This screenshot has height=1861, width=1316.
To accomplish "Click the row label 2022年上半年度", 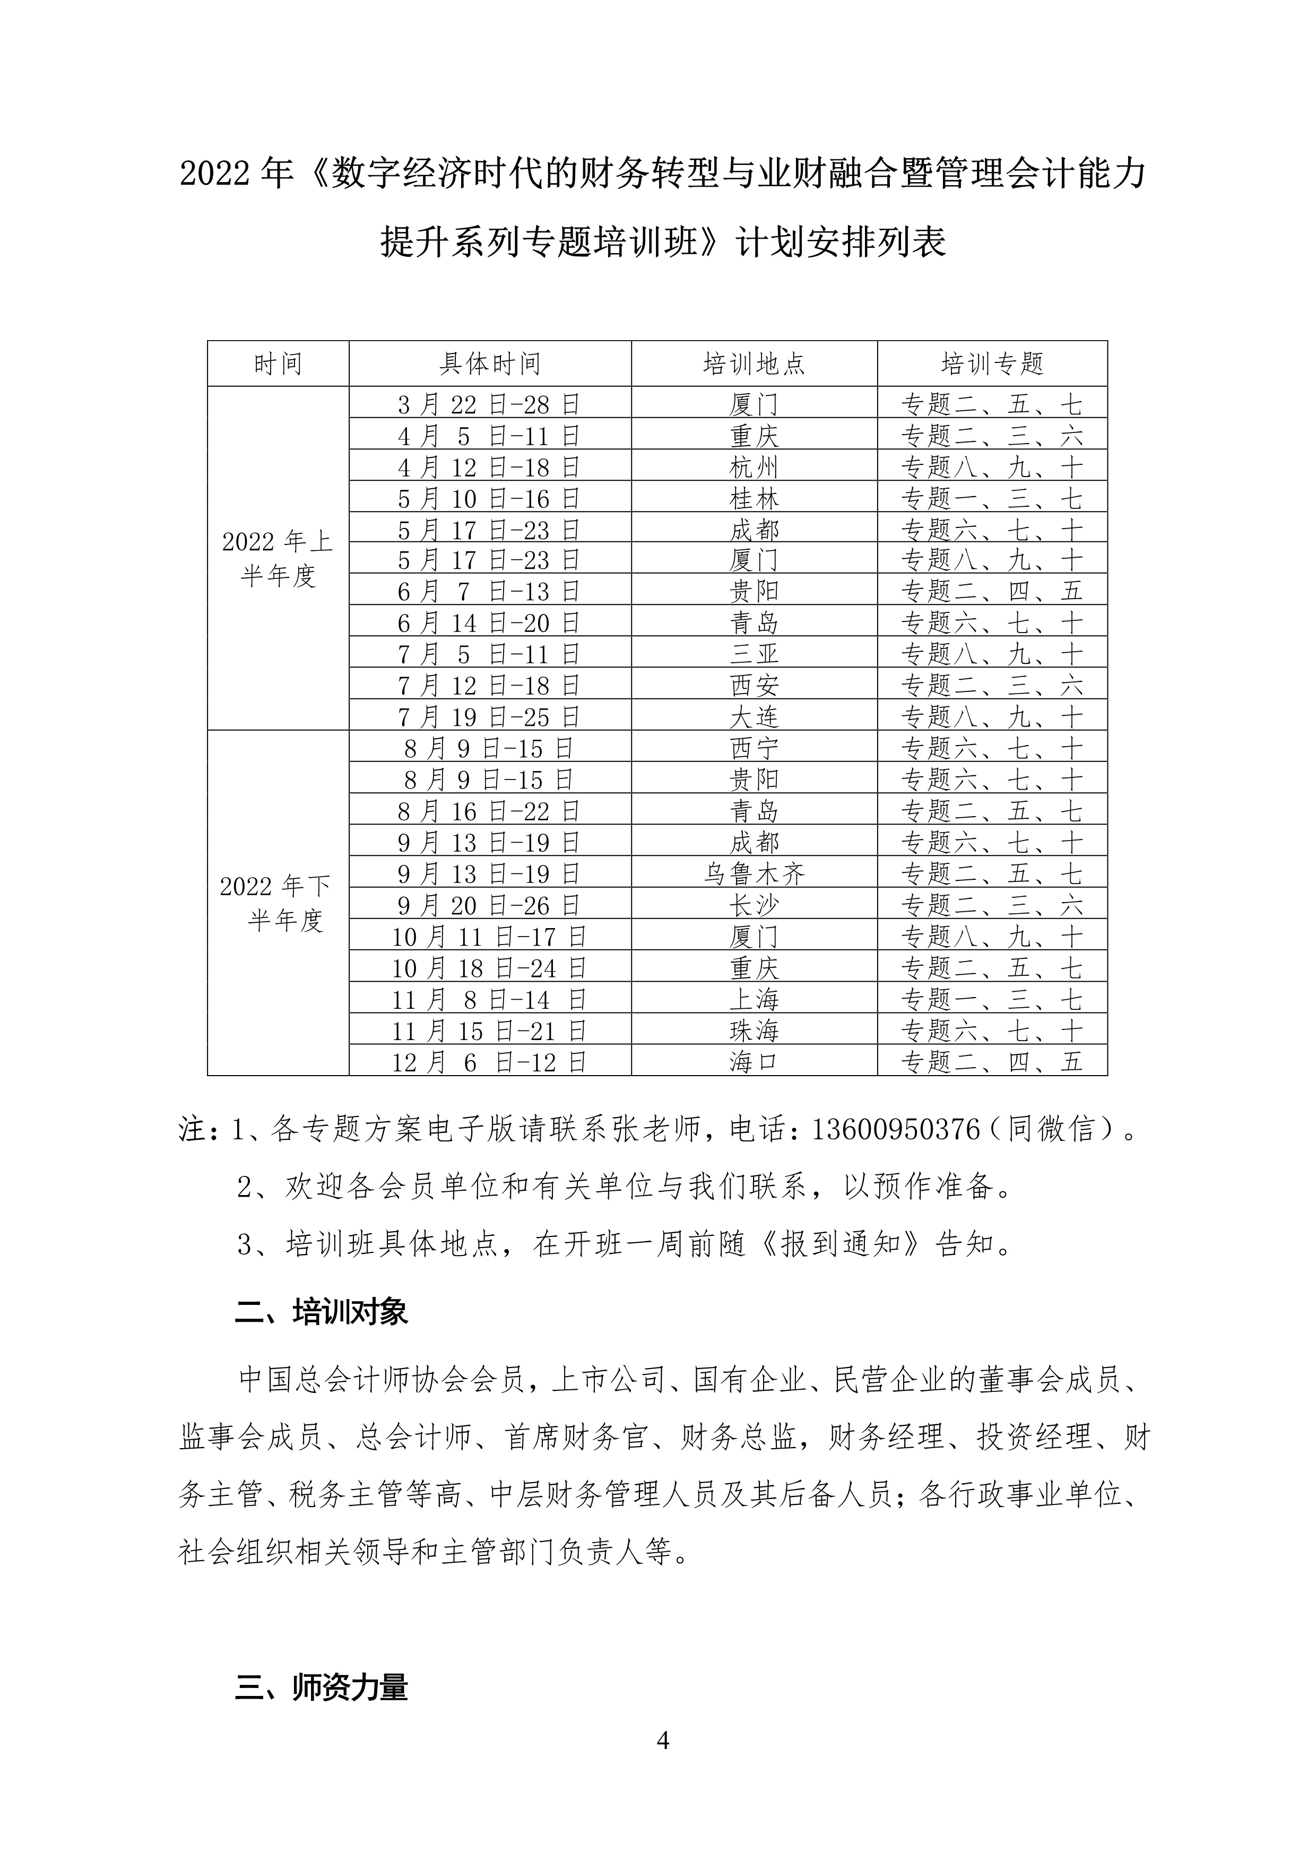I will click(278, 558).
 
